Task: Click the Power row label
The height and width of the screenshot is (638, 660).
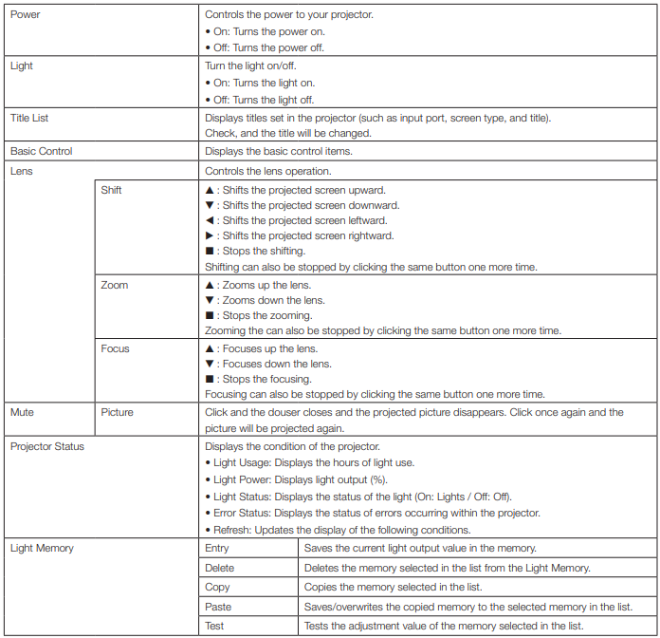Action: pos(25,15)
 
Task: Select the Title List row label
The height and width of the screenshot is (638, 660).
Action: pos(29,119)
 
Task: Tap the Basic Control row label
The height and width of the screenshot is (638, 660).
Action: pos(41,151)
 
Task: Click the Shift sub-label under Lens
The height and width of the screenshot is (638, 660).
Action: pos(112,190)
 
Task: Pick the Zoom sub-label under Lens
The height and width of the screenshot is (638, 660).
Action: pos(115,285)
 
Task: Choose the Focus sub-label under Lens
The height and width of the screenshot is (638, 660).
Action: pos(116,348)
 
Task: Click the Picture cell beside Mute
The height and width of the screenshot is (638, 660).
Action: pos(118,413)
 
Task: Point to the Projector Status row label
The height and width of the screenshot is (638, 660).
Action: pos(47,446)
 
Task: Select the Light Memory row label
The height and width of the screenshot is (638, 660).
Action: pos(42,548)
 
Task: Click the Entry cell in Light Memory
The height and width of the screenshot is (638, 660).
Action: pos(217,548)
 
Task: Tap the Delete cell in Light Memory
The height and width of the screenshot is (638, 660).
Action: pos(219,568)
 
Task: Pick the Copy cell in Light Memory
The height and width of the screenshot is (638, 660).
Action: pos(217,587)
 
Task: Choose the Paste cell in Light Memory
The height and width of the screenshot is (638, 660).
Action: pos(218,607)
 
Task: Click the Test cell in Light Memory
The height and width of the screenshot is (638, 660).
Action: pos(215,626)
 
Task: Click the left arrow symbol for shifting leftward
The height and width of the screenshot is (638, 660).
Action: pos(210,220)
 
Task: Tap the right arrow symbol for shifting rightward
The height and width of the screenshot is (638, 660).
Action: pos(210,235)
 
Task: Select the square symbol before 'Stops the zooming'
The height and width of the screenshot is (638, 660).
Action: pos(210,315)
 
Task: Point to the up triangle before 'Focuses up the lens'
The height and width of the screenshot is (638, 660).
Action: pos(210,348)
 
